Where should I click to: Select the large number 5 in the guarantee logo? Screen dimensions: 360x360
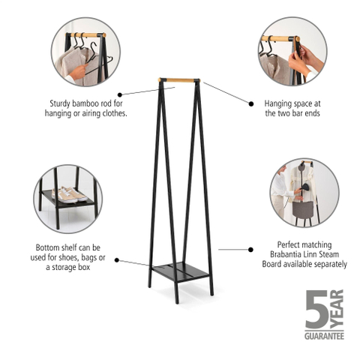[316, 309]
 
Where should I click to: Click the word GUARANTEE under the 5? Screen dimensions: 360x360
[324, 336]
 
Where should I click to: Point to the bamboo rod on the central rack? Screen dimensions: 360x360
[179, 80]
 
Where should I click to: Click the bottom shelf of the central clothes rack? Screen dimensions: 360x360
[180, 271]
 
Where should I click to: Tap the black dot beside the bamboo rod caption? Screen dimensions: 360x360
[120, 94]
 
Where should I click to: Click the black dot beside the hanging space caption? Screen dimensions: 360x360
[250, 103]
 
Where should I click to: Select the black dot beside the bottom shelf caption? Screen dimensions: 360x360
[116, 260]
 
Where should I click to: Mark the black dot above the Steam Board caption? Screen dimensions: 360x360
[250, 250]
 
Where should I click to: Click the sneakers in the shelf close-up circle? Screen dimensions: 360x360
[69, 195]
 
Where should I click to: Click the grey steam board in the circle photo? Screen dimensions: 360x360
[303, 208]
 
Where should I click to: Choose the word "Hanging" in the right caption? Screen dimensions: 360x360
[277, 103]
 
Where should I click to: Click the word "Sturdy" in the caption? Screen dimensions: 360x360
[60, 103]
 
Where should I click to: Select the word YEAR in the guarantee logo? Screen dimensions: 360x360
[337, 309]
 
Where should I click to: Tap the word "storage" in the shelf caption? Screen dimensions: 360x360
[64, 268]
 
